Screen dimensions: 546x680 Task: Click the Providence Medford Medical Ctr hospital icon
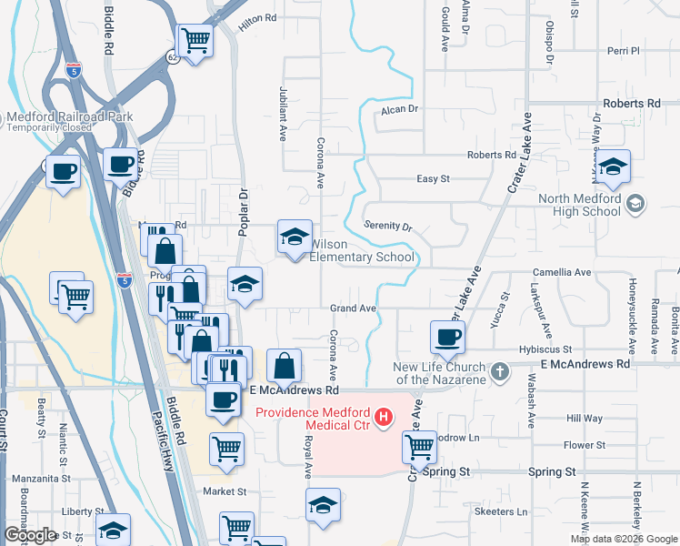tap(385, 418)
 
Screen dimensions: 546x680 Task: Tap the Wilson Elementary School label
tap(363, 250)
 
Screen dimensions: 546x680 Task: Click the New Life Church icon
tap(500, 371)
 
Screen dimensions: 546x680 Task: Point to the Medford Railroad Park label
tap(69, 116)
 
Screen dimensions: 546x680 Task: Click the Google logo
tap(30, 534)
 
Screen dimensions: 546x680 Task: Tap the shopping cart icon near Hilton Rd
tap(195, 41)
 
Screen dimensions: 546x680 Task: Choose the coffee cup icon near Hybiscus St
tap(447, 339)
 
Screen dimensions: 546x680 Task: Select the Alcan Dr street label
tap(399, 108)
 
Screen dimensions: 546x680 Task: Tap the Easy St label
tap(433, 179)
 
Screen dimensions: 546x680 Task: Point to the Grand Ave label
tap(353, 309)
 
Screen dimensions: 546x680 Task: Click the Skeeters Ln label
tap(502, 512)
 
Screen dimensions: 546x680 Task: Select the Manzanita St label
tap(35, 477)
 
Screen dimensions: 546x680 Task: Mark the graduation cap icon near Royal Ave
tap(323, 506)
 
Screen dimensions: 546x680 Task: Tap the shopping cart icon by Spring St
tap(419, 447)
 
